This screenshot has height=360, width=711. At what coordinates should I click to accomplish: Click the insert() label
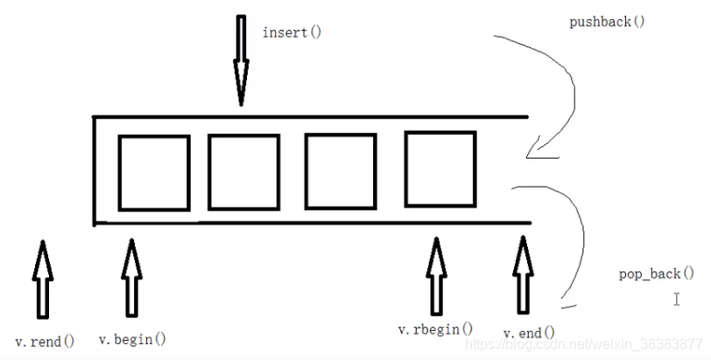292,32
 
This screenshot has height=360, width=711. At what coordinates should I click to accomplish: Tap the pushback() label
607,21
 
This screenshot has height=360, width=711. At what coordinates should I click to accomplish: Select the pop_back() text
650,274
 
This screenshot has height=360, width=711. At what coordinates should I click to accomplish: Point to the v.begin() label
132,339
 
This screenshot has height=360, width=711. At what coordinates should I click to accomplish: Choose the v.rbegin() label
435,329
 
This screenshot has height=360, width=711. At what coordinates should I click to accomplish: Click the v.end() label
529,333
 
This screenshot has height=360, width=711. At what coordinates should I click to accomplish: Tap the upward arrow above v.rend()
41,279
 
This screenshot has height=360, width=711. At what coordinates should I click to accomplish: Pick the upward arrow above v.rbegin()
435,275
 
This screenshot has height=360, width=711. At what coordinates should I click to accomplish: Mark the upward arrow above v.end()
523,275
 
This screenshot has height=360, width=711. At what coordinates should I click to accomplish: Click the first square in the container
154,173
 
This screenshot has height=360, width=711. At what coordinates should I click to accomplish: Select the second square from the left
243,172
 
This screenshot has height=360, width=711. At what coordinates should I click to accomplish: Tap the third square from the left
339,170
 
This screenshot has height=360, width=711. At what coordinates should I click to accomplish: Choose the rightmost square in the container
440,168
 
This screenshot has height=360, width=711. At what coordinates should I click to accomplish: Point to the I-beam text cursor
677,300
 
